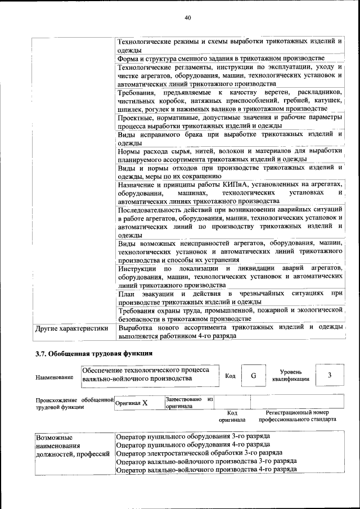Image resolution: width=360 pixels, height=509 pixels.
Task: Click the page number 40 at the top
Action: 188,18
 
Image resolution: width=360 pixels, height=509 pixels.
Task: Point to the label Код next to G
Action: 230,376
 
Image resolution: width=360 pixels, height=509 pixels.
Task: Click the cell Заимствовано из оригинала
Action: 188,402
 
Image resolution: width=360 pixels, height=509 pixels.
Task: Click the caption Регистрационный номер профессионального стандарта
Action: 297,416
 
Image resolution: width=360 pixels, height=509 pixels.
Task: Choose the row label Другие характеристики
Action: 71,328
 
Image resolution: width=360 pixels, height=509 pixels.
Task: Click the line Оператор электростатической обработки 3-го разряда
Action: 199,452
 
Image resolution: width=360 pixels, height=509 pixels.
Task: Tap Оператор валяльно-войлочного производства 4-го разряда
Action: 206,468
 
